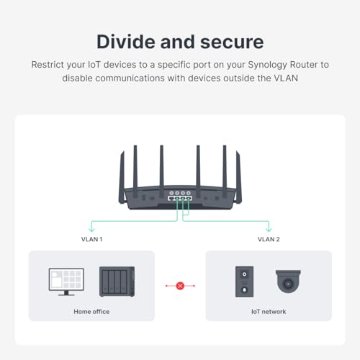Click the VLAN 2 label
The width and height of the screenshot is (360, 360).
pyautogui.click(x=269, y=238)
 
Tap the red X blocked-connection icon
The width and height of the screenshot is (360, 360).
pyautogui.click(x=180, y=286)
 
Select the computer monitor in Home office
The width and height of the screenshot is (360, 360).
pyautogui.click(x=66, y=281)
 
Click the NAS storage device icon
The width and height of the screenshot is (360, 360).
pyautogui.click(x=117, y=281)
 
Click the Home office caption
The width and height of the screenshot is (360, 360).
pyautogui.click(x=91, y=312)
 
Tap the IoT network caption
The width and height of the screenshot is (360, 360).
pyautogui.click(x=269, y=312)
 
